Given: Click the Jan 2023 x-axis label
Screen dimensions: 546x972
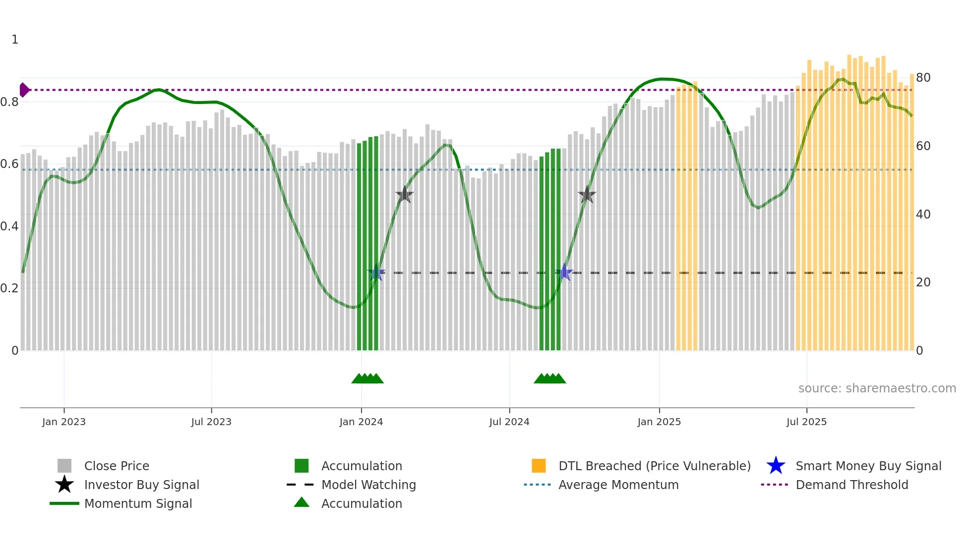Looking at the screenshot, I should (64, 422).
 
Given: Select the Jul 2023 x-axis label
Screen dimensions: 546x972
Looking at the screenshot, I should (211, 422).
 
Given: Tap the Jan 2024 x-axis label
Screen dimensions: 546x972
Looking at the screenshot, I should (361, 422).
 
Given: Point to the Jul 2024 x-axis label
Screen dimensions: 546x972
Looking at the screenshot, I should (509, 422).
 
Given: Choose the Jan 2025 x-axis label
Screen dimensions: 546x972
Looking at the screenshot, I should (659, 422).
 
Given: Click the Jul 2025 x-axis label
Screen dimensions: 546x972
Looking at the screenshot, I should (806, 422).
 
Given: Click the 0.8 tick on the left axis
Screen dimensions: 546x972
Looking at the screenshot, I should (10, 102).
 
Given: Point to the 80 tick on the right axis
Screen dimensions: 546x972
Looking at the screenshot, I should (923, 78).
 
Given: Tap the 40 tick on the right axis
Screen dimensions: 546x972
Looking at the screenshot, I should (923, 215).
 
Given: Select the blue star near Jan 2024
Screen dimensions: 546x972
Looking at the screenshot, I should (376, 273).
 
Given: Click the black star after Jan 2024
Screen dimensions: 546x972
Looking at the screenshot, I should (405, 195).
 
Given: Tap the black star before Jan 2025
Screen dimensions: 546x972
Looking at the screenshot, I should (587, 195).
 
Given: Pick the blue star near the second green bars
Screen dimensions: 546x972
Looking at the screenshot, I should (564, 273).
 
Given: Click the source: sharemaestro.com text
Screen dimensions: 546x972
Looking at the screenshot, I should (877, 388).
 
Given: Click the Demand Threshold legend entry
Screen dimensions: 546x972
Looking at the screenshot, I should (851, 485).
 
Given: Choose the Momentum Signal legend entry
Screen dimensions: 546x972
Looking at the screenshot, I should (138, 503).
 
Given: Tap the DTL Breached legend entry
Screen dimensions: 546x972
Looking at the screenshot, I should (654, 466).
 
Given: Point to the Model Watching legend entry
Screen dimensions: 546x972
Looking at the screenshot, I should (368, 485).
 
